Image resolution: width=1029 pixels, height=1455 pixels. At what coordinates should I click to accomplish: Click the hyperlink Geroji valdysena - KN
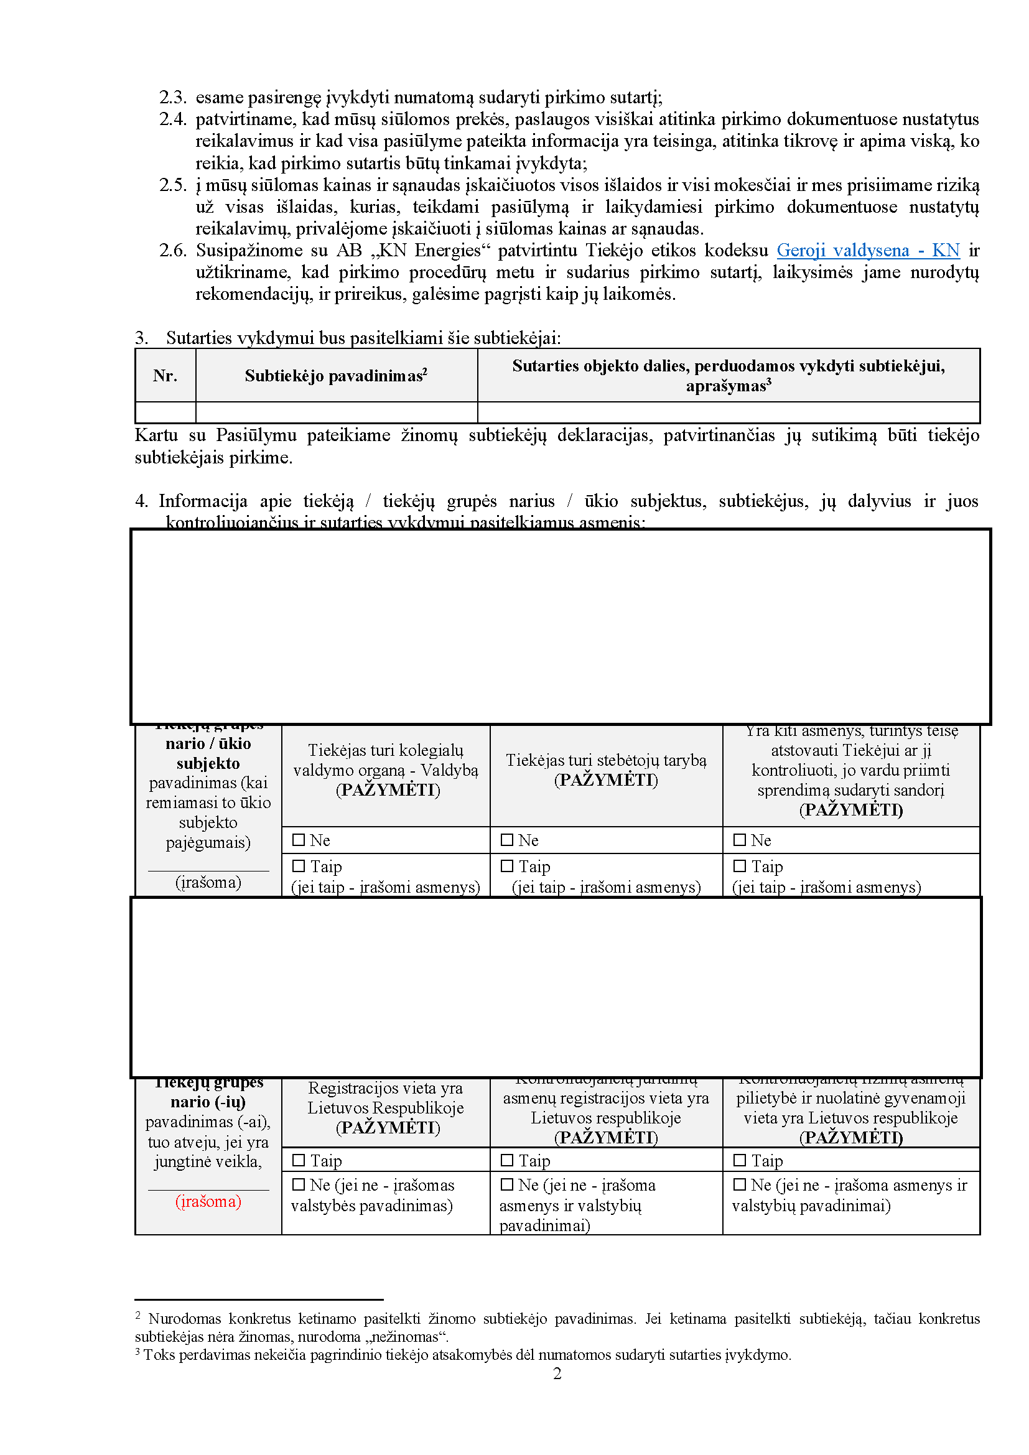867,250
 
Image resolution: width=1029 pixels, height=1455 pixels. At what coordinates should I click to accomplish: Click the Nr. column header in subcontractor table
165,376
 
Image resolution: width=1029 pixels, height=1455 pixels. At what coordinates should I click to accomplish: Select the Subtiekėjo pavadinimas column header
336,376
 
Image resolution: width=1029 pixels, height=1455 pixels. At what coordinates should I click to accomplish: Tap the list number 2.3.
172,98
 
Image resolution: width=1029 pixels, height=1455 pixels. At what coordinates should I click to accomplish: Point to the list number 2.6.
172,250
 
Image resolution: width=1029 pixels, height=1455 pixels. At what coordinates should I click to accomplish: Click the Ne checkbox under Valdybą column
299,840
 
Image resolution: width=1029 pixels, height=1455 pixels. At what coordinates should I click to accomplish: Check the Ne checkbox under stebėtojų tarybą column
507,840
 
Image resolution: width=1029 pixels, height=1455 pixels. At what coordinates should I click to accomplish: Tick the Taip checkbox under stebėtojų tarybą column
507,866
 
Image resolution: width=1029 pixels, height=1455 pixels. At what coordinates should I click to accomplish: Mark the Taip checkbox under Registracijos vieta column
299,1160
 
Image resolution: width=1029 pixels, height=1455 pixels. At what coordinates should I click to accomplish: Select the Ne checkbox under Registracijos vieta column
299,1184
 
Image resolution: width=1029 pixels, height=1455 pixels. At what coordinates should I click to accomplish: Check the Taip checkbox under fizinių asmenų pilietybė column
740,1160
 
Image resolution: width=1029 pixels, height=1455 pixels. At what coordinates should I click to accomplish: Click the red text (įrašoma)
208,1202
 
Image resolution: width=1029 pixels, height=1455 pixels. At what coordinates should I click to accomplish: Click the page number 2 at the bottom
557,1374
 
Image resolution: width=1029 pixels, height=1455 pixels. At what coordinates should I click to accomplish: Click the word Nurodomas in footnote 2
184,1319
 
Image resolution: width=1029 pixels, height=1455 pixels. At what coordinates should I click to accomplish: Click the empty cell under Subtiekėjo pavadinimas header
336,412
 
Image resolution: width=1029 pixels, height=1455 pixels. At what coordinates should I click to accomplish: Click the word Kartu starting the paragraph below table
156,435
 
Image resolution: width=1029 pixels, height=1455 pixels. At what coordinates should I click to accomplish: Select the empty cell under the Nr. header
165,412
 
